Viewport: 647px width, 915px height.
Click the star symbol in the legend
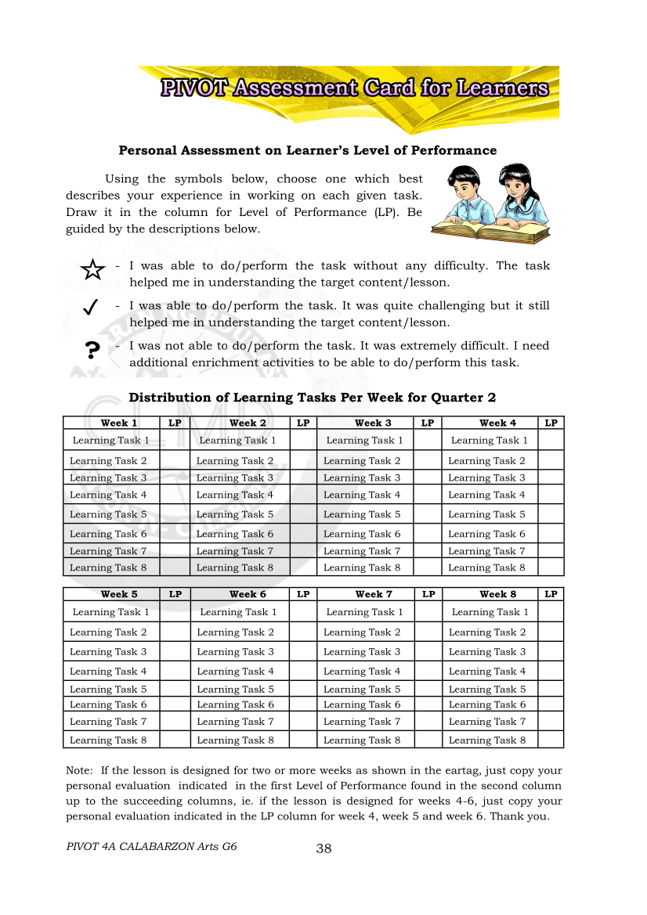pyautogui.click(x=92, y=270)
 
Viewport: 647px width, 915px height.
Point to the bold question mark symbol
pyautogui.click(x=92, y=350)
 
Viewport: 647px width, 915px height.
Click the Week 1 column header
pyautogui.click(x=119, y=423)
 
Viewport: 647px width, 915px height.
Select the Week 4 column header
pyautogui.click(x=497, y=423)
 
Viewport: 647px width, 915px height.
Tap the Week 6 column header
pyautogui.click(x=248, y=594)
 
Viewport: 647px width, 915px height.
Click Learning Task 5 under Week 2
pyautogui.click(x=235, y=514)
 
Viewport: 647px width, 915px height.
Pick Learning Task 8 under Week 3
pyautogui.click(x=362, y=567)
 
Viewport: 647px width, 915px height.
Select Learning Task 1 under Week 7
pyautogui.click(x=364, y=612)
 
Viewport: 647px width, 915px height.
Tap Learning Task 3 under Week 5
pyautogui.click(x=108, y=651)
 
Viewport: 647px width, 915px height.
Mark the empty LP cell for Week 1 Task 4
pyautogui.click(x=175, y=495)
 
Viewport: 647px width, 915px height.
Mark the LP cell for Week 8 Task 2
pyautogui.click(x=551, y=632)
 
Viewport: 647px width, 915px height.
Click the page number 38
pyautogui.click(x=323, y=848)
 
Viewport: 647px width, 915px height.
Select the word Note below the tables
pyautogui.click(x=79, y=770)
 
